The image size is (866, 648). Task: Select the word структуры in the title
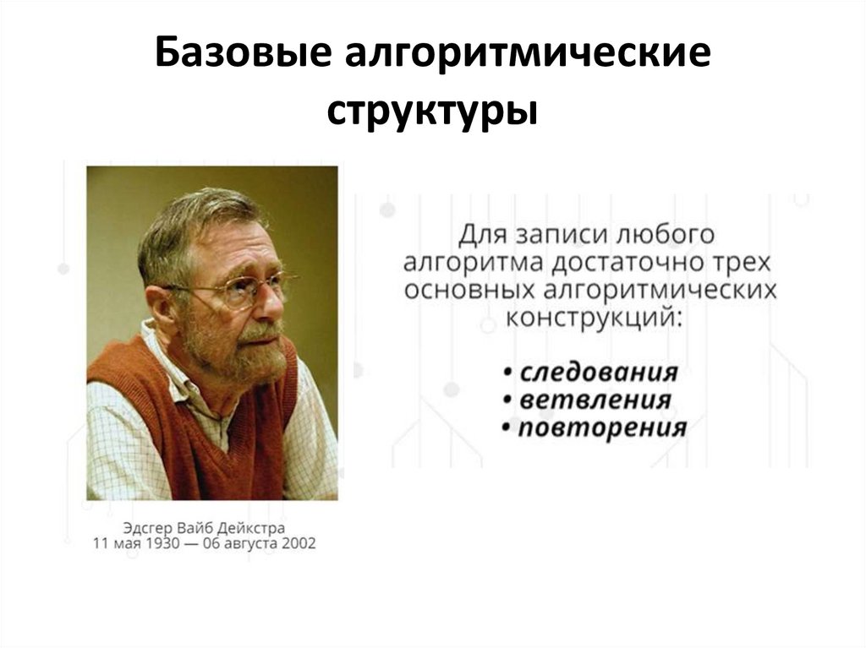433,110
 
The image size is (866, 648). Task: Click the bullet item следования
599,373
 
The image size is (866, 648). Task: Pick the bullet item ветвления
595,400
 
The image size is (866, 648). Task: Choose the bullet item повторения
601,427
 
